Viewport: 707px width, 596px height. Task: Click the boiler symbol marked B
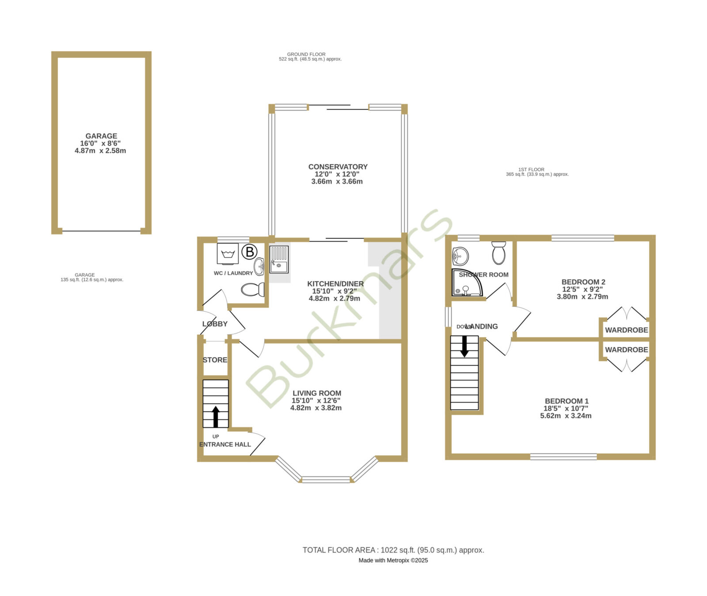click(250, 252)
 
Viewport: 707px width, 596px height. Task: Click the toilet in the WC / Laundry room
click(253, 290)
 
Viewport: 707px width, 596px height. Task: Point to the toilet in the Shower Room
click(498, 253)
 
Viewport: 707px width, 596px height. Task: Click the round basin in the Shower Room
click(460, 255)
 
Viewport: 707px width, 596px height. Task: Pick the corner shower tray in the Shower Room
click(467, 283)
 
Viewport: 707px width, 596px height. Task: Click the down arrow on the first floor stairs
click(464, 347)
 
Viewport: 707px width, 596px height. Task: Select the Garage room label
click(101, 136)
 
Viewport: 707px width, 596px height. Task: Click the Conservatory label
click(338, 167)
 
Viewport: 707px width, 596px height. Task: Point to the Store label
click(215, 360)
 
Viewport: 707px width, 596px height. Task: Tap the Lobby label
click(215, 324)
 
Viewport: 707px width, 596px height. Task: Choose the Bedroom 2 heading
click(583, 282)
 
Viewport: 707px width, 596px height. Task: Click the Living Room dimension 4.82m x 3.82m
click(316, 408)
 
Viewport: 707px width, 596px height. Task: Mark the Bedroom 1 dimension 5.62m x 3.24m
click(566, 415)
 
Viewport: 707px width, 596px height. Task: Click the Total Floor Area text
click(393, 550)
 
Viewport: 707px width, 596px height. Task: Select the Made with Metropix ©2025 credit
click(393, 560)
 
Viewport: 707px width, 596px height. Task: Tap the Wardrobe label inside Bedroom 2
click(627, 330)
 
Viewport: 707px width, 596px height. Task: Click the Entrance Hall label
click(225, 445)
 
